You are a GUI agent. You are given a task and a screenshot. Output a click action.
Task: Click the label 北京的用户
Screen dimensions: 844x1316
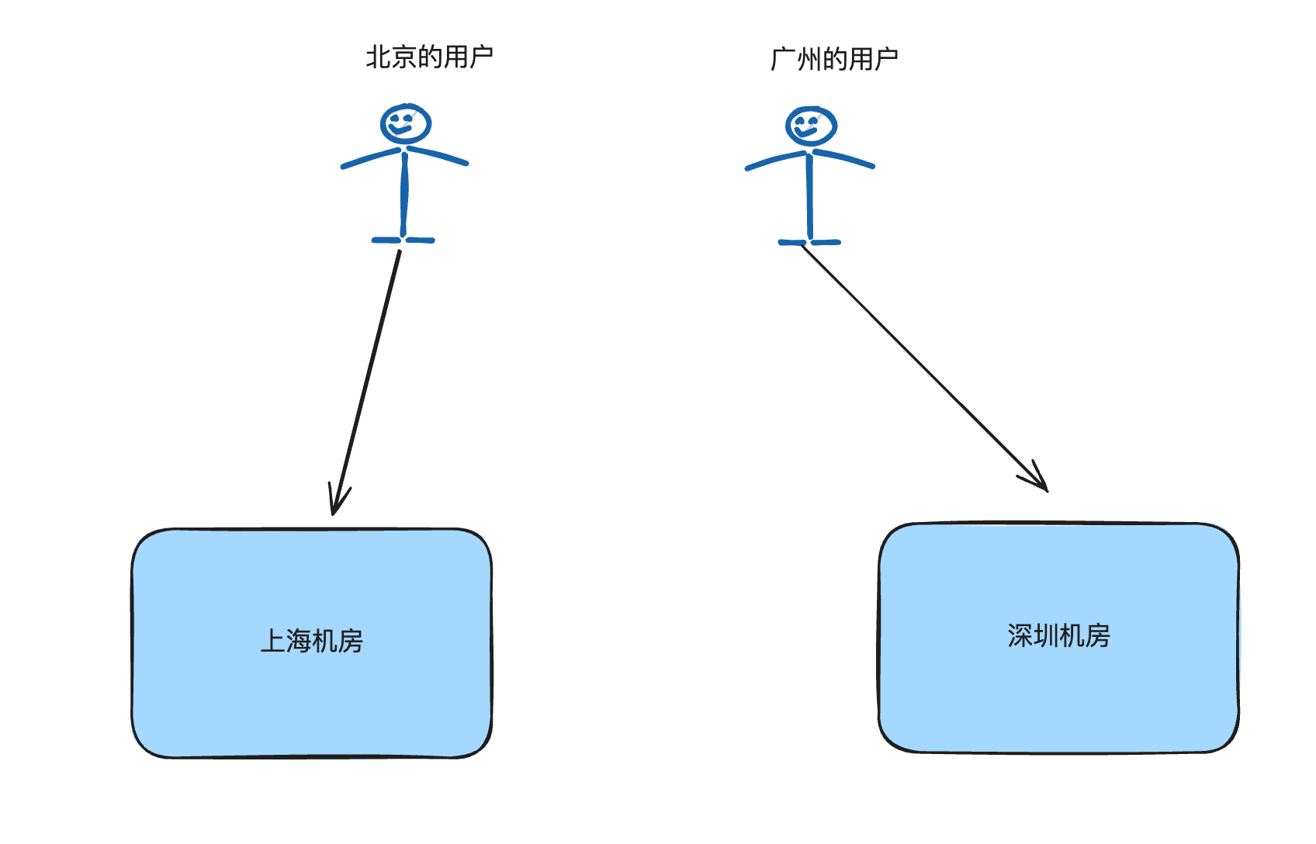click(429, 57)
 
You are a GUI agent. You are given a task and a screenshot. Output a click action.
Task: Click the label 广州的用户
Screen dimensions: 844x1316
click(834, 59)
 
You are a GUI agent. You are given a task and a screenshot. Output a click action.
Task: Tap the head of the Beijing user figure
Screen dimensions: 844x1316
click(406, 123)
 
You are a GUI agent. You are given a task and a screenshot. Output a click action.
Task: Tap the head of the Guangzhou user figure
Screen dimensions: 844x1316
click(811, 126)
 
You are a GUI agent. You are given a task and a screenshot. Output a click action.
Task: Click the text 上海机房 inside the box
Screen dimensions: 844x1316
click(312, 642)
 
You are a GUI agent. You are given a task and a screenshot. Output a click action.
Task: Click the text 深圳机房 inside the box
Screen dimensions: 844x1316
click(1058, 636)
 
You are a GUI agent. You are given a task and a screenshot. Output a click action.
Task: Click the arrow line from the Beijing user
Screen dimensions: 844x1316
click(367, 380)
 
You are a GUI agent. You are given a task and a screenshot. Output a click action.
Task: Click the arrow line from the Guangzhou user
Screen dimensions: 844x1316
click(923, 366)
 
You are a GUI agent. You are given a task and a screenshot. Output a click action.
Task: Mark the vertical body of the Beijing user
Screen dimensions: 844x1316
click(404, 194)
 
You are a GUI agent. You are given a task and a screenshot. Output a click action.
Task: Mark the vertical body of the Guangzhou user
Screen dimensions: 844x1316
click(809, 198)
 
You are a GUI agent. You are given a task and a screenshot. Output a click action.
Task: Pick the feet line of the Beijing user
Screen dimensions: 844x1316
click(403, 240)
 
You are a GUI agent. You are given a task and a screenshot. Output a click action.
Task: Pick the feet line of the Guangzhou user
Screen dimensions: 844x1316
click(809, 243)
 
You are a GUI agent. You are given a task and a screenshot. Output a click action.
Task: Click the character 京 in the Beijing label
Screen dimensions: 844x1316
click(403, 57)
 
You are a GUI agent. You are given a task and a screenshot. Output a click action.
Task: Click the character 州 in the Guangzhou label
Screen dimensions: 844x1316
click(809, 59)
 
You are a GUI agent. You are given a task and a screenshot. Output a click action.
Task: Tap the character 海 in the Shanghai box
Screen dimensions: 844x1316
click(299, 642)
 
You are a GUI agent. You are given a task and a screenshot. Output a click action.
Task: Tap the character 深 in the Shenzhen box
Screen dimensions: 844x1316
click(1020, 636)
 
